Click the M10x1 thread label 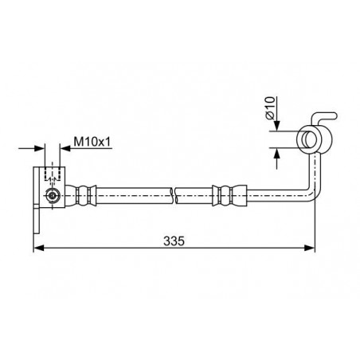tap(92, 142)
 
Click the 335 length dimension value tap(174, 241)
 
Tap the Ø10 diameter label tap(270, 108)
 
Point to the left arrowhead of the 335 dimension tap(39, 248)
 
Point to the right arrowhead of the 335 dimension tap(309, 248)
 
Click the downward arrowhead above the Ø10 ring tap(277, 126)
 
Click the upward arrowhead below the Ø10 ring tap(277, 153)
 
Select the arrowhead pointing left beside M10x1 tap(65, 148)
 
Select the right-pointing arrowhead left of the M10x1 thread tap(40, 148)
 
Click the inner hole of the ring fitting tap(310, 139)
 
